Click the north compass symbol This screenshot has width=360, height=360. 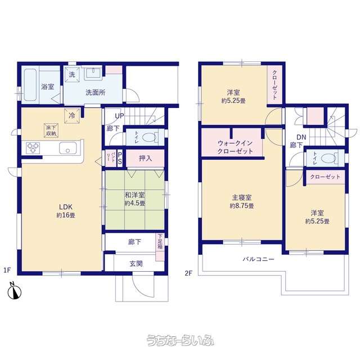(x=14, y=292)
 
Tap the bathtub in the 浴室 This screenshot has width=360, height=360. (x=30, y=85)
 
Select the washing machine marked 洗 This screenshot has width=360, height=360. (x=72, y=74)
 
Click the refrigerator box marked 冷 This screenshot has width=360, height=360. (x=72, y=115)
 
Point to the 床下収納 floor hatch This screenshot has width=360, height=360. (x=51, y=130)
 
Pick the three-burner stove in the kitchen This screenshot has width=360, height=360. (x=33, y=148)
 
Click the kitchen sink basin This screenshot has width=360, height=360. (x=67, y=148)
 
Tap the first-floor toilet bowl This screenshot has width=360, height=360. (x=150, y=137)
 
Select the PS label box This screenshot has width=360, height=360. (x=120, y=158)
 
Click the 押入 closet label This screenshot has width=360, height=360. (x=145, y=158)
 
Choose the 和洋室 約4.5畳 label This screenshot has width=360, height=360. (x=135, y=199)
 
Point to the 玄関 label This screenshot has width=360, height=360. (x=136, y=264)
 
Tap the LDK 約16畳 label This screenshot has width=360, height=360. (x=66, y=211)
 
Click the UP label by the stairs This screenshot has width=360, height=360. (x=119, y=116)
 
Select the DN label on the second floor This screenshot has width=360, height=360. (x=301, y=137)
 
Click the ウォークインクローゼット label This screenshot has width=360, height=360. (x=235, y=147)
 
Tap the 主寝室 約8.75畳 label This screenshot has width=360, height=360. (x=242, y=201)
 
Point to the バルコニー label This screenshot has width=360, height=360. (x=259, y=259)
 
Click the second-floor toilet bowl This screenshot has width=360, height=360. (x=328, y=158)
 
